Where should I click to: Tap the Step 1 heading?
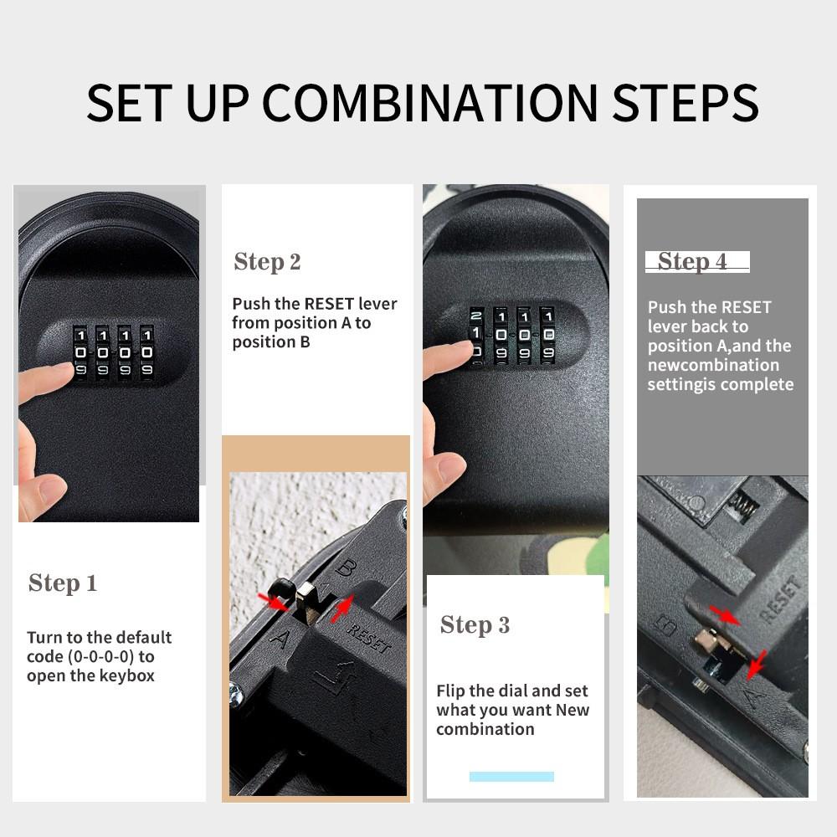[63, 583]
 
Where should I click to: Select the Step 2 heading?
[267, 262]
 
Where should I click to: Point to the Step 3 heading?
[475, 625]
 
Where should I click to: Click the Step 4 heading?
[692, 262]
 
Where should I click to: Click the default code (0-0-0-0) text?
[90, 656]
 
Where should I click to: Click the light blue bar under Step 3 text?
[511, 777]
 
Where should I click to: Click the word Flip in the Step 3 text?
[450, 691]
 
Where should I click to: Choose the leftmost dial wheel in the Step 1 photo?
[80, 352]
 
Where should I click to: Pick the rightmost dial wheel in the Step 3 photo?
[548, 334]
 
